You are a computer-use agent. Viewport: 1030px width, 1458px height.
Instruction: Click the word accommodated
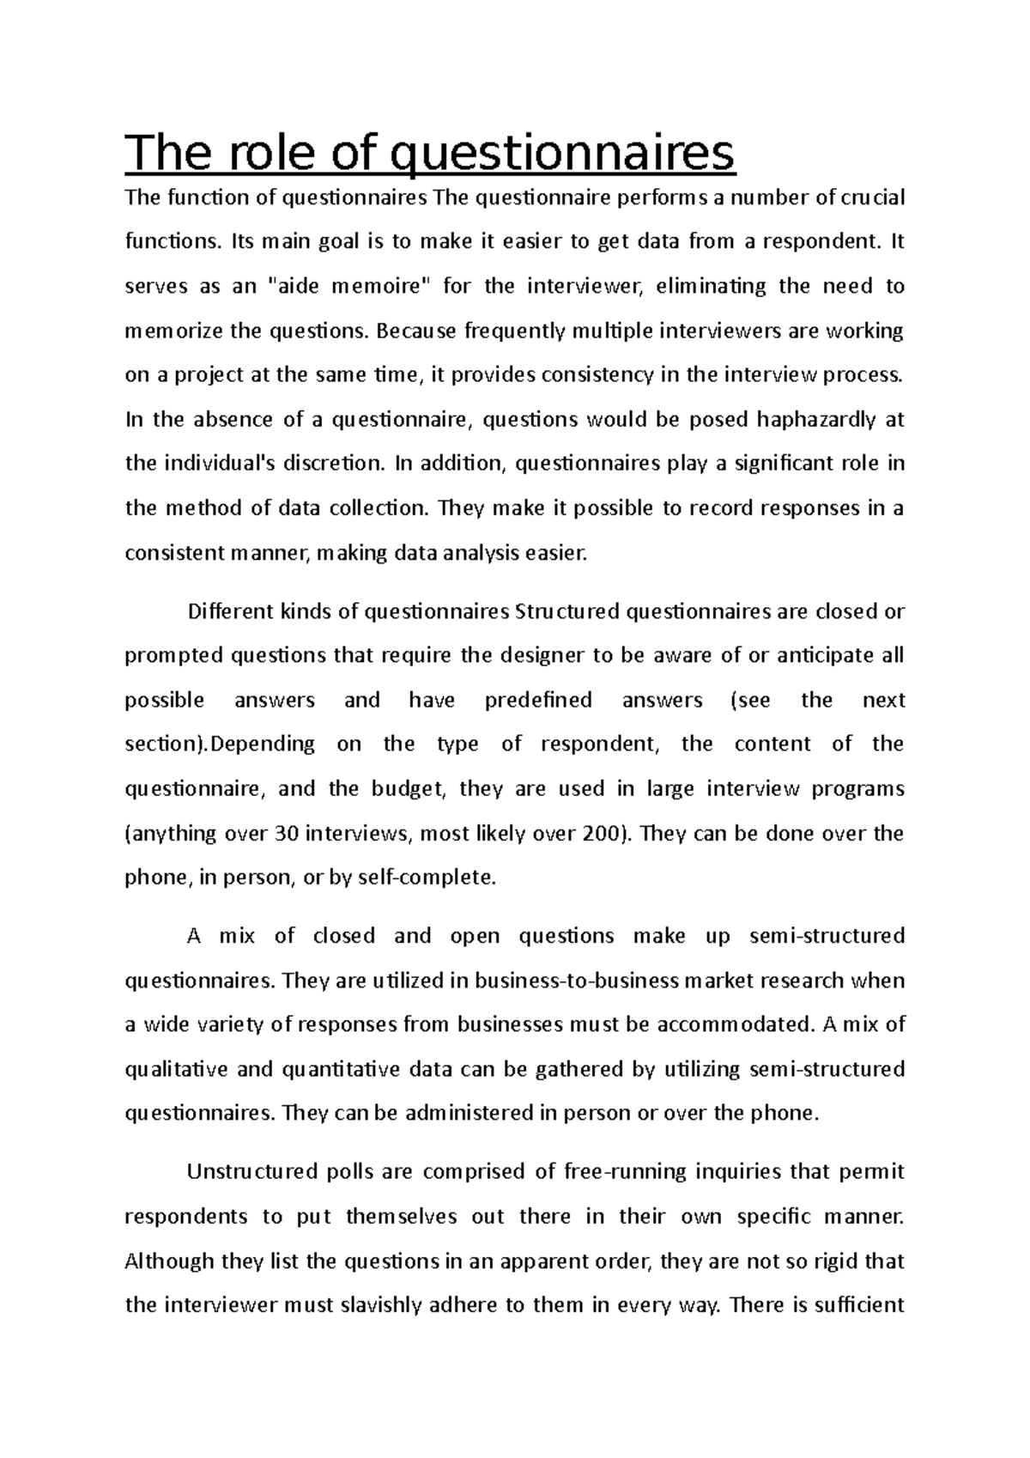[x=735, y=1024]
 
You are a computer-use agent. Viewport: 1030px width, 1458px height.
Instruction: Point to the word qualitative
[x=176, y=1070]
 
